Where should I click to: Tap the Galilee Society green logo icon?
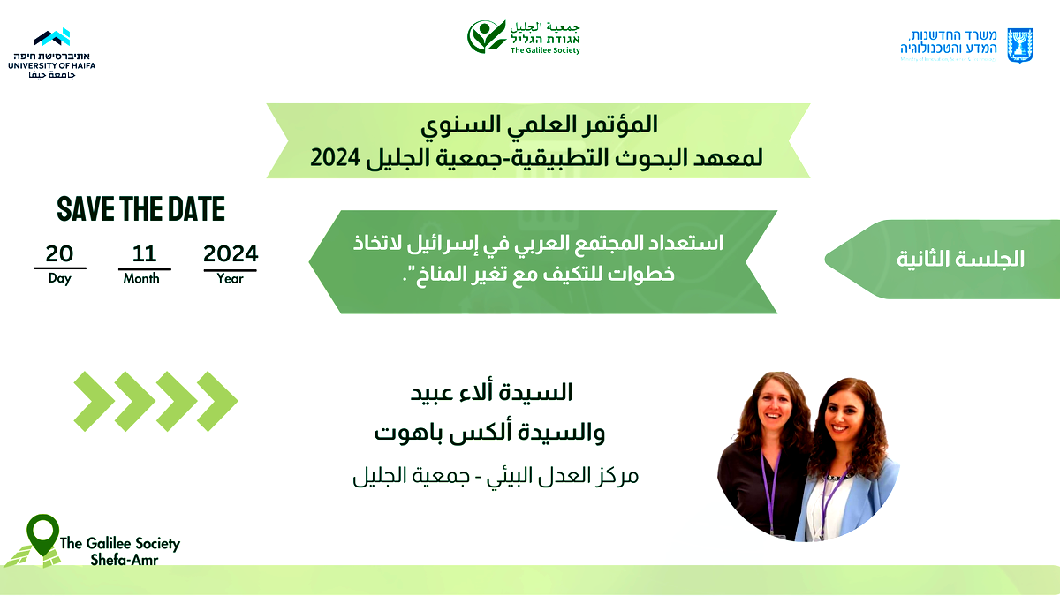487,37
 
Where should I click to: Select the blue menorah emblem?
1020,45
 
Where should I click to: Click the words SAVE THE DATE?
141,209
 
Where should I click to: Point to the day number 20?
59,254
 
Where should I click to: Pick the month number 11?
144,254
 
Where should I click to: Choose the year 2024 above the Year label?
231,254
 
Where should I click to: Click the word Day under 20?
59,278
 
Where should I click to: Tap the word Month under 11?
141,278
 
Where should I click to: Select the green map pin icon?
42,533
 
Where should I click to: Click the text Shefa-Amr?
124,560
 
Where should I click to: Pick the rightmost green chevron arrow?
216,402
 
